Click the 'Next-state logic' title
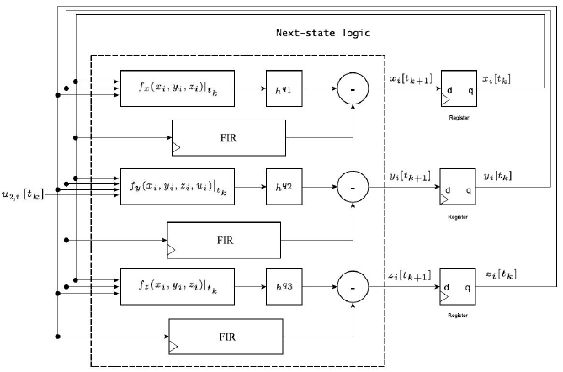323,34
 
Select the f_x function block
178,88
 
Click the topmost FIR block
228,136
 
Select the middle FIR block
224,240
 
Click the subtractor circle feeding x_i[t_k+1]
353,88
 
